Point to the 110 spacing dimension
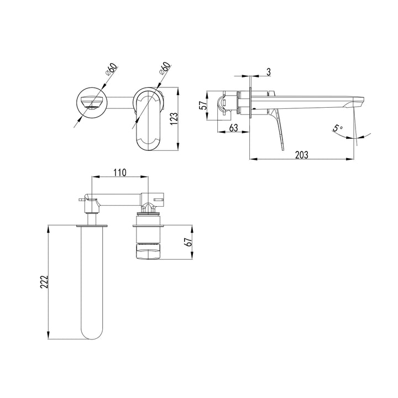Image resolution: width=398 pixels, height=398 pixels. point(120,172)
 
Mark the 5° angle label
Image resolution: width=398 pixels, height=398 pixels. point(337,128)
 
